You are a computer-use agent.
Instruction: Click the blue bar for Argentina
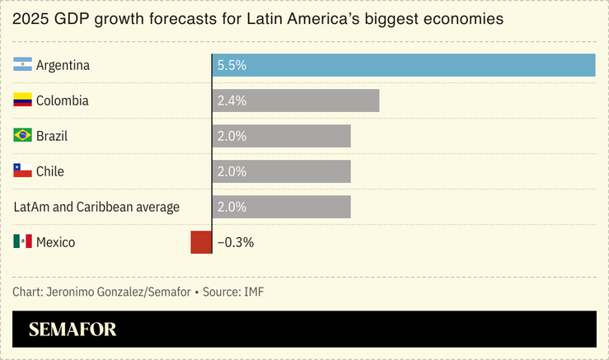404,65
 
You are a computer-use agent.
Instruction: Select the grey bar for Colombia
295,101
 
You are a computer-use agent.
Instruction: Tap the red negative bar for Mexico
201,242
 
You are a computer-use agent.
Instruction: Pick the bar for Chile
281,171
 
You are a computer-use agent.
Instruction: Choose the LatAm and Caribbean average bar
281,207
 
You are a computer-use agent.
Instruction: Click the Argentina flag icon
22,65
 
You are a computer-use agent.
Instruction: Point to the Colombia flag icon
22,101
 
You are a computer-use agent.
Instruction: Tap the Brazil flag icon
22,136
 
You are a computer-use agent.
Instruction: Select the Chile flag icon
22,171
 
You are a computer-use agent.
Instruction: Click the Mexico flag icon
22,242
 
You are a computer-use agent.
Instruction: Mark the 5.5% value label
231,65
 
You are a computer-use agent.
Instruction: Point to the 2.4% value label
231,101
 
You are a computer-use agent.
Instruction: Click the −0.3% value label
236,242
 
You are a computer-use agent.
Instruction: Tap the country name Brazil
52,136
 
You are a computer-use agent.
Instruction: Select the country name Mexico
56,242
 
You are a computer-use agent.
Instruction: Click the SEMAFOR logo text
73,330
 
